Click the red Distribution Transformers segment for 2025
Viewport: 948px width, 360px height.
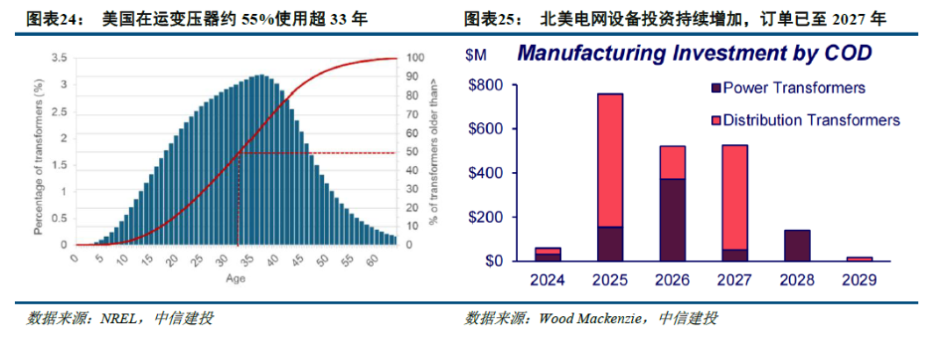609,160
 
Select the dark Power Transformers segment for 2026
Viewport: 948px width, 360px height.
672,220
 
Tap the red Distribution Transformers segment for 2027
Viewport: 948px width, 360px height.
735,197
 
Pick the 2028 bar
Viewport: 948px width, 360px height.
797,245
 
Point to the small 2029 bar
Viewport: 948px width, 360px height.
858,258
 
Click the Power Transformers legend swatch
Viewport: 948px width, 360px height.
715,88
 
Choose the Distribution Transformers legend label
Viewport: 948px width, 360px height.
812,120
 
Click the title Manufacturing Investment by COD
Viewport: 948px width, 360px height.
693,53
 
